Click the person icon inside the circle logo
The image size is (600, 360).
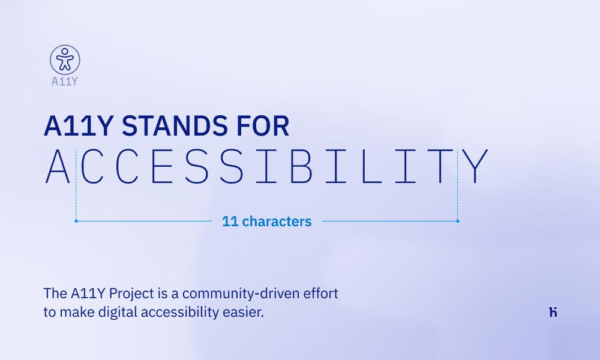tap(64, 59)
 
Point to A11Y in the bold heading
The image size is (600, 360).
tap(78, 126)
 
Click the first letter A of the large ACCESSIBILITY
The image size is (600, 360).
tap(58, 166)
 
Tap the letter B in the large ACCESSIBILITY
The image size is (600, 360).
tap(302, 166)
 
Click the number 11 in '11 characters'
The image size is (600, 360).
tap(230, 221)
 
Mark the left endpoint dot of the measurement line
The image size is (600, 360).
tap(76, 221)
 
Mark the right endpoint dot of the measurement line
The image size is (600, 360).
tap(458, 221)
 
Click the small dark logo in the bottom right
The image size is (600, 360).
tap(553, 312)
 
